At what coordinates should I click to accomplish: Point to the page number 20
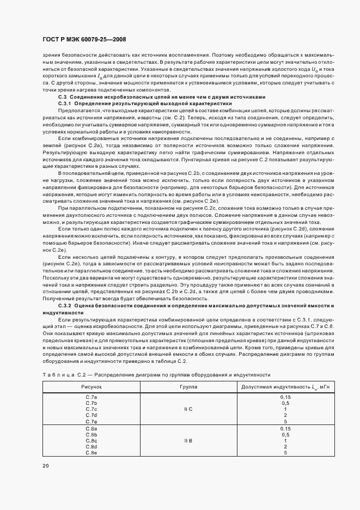point(45,465)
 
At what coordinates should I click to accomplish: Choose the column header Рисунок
point(91,386)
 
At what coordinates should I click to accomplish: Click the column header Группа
point(188,386)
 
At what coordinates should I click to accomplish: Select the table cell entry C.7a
point(91,397)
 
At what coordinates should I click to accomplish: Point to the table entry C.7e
point(91,421)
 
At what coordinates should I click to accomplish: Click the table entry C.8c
point(91,441)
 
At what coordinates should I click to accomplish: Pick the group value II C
point(188,409)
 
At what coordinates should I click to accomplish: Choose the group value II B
point(188,441)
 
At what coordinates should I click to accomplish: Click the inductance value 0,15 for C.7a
point(285,397)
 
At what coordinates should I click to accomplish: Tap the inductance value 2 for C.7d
point(285,415)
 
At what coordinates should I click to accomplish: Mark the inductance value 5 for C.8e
point(285,453)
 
